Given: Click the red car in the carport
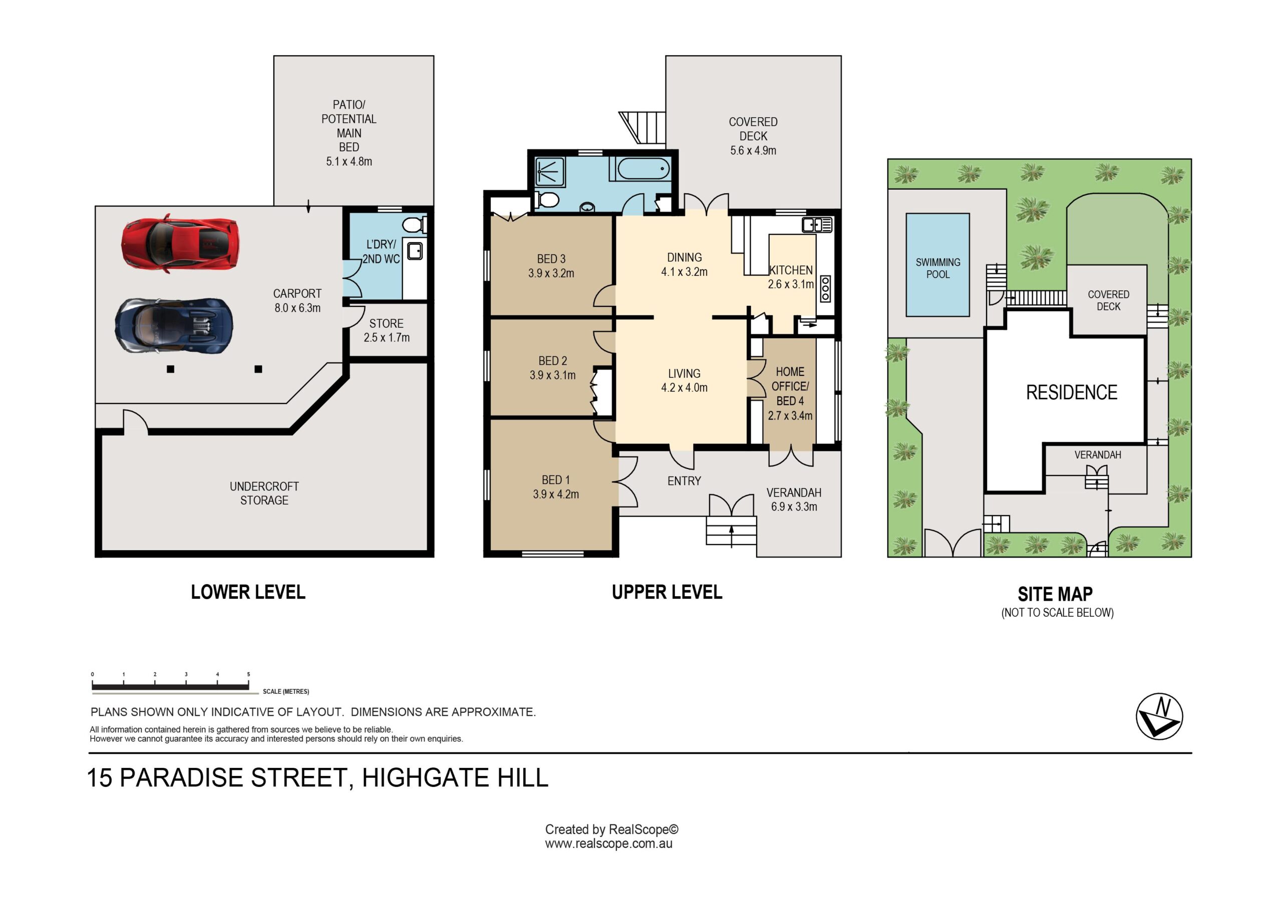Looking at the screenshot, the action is pyautogui.click(x=180, y=244).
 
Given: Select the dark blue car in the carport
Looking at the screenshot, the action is pyautogui.click(x=174, y=325).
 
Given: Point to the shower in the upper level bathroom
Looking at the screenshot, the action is pyautogui.click(x=550, y=172).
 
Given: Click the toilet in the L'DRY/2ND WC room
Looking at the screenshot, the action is pyautogui.click(x=414, y=225).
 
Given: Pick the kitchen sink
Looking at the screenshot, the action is pyautogui.click(x=817, y=225).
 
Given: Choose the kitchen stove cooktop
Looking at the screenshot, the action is pyautogui.click(x=825, y=289).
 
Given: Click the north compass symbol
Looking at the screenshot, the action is pyautogui.click(x=1159, y=716).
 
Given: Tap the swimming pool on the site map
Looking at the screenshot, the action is pyautogui.click(x=937, y=265).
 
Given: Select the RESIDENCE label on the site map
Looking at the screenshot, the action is pyautogui.click(x=1072, y=392).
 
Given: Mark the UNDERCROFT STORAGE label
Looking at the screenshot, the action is pyautogui.click(x=264, y=493).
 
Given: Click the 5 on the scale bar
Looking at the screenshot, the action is pyautogui.click(x=248, y=674).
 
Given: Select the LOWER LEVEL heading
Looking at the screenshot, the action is pyautogui.click(x=248, y=592).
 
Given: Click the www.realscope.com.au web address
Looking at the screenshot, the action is pyautogui.click(x=608, y=843).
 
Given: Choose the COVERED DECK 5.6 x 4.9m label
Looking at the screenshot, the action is pyautogui.click(x=753, y=136).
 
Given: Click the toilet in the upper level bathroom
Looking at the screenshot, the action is pyautogui.click(x=547, y=199).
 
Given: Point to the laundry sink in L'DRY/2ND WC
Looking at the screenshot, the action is pyautogui.click(x=414, y=251).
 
